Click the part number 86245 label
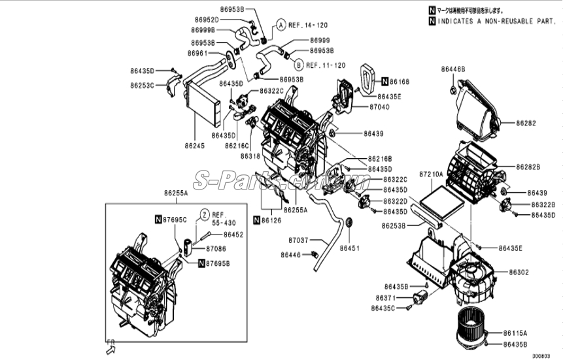tap(194, 145)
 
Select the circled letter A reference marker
tap(279, 25)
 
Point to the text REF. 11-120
tap(325, 65)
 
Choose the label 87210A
tap(431, 174)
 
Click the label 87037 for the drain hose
tap(298, 240)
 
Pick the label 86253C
tap(142, 86)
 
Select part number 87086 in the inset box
tap(216, 249)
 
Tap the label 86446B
tap(452, 69)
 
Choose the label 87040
tap(379, 106)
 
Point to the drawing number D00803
tap(540, 355)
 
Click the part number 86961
tap(198, 53)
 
